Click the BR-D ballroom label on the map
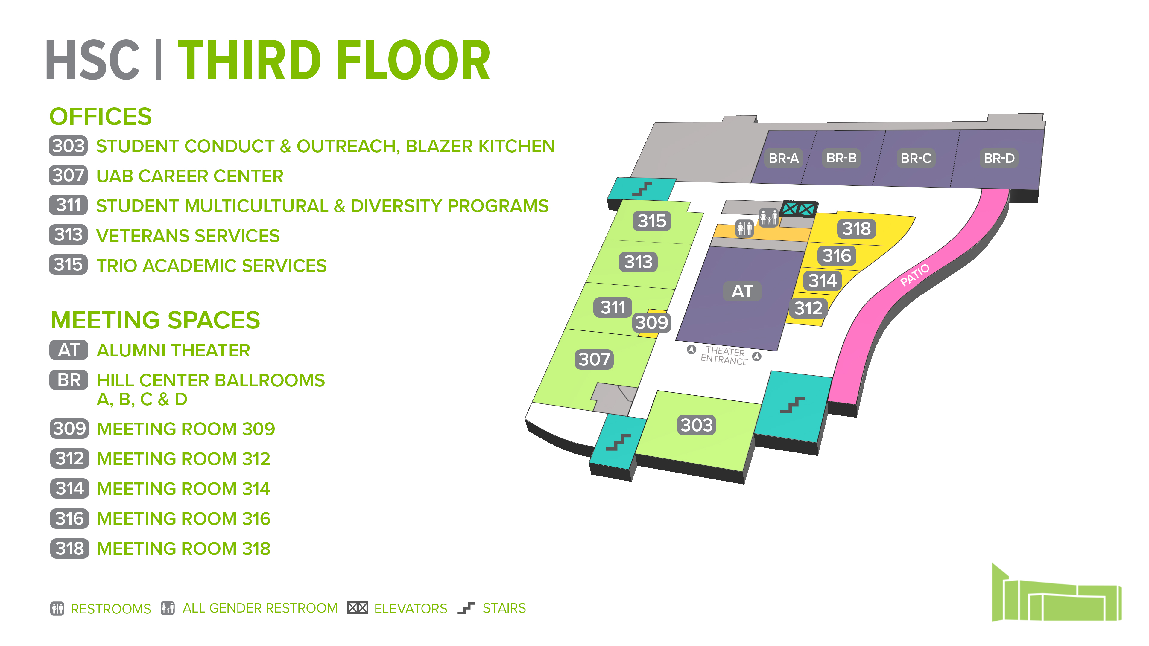click(999, 158)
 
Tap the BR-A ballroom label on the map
click(783, 158)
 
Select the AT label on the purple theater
click(742, 291)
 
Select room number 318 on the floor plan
click(856, 229)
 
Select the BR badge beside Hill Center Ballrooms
click(69, 380)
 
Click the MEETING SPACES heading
click(155, 320)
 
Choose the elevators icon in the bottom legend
click(357, 608)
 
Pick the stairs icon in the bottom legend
click(466, 608)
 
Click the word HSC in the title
click(93, 60)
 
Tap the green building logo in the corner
click(1056, 593)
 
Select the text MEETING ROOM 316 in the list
click(183, 519)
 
